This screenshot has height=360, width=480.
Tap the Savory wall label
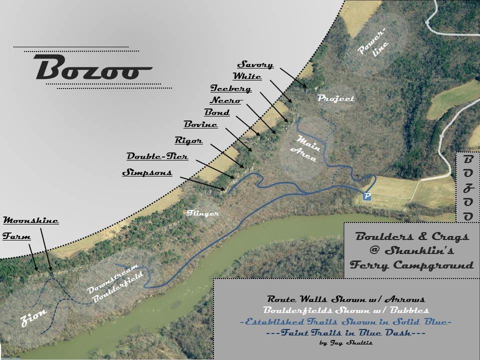pos(255,65)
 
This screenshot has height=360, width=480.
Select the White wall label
pos(247,76)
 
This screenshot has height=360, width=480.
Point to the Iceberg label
pos(230,89)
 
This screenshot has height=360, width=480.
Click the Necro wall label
pos(226,100)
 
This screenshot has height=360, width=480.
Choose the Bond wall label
pos(217,112)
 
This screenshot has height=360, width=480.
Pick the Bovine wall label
pos(200,124)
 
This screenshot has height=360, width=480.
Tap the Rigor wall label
pos(188,141)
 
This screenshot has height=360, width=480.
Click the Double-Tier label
pos(157,157)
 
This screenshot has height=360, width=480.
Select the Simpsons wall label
pos(147,173)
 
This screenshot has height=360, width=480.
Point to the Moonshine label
pos(31,220)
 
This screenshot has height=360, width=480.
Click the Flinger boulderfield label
pos(203,213)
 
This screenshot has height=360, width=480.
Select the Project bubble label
pos(336,98)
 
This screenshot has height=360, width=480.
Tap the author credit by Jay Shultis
pos(345,343)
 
